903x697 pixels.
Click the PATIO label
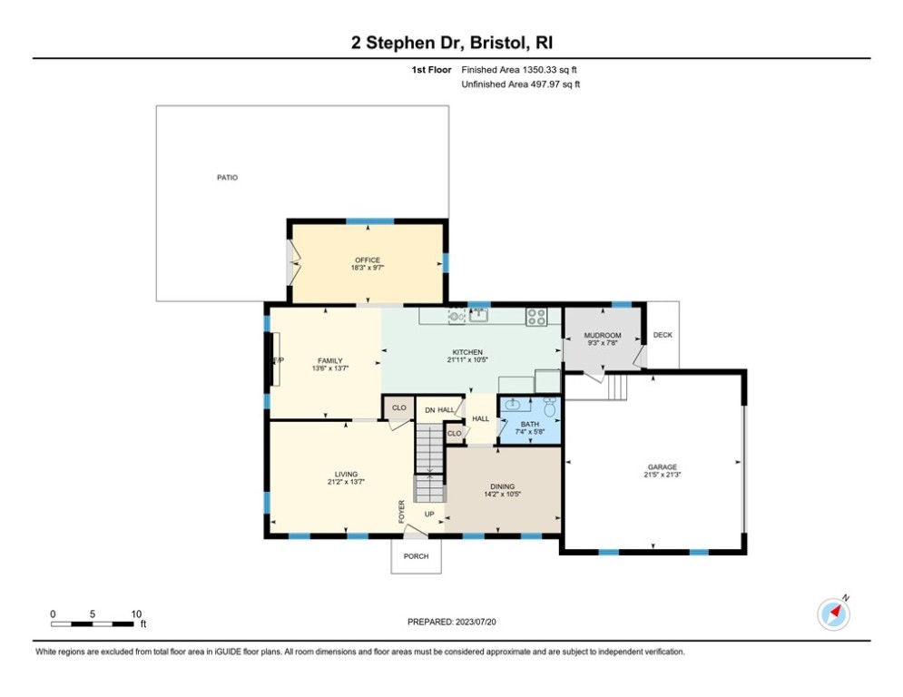[227, 178]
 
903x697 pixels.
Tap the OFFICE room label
[368, 260]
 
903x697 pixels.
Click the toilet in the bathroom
[549, 406]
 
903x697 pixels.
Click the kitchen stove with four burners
[537, 316]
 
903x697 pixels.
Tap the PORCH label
[416, 556]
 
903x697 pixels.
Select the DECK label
[663, 335]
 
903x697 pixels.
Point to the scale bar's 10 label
[136, 614]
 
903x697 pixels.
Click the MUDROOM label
[602, 336]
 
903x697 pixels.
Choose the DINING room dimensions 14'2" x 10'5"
[502, 494]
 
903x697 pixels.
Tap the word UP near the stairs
[430, 515]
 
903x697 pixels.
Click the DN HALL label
[439, 410]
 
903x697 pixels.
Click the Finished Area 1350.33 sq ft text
[519, 69]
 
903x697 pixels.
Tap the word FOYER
[401, 511]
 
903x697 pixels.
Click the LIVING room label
[345, 474]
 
